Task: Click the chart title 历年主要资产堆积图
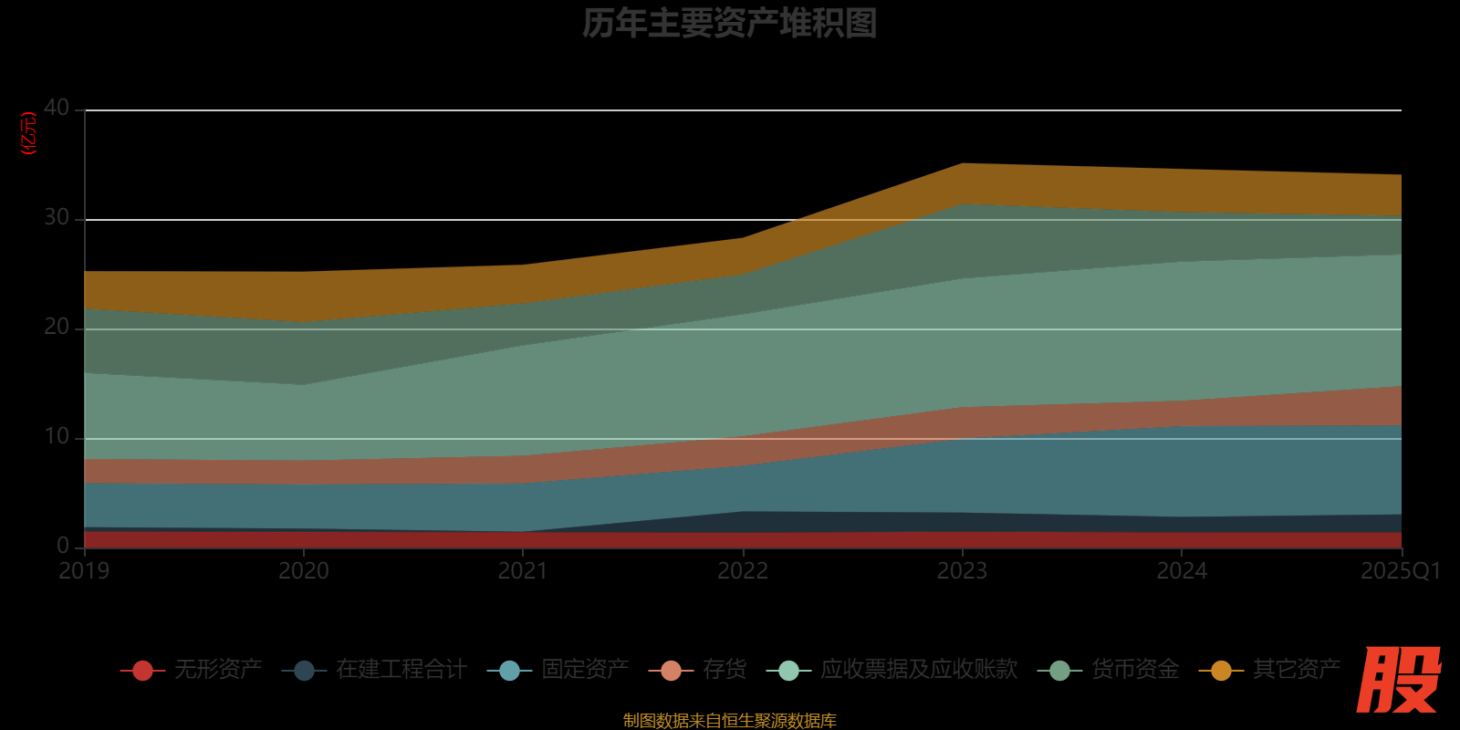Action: pyautogui.click(x=729, y=24)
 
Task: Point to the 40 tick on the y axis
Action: pyautogui.click(x=57, y=109)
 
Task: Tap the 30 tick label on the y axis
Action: pyautogui.click(x=57, y=218)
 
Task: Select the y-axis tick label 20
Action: pyautogui.click(x=57, y=328)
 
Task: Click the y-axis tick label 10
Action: pyautogui.click(x=57, y=437)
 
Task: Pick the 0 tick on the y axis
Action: pyautogui.click(x=63, y=546)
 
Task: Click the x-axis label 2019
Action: pyautogui.click(x=84, y=571)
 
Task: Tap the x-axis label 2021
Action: pyautogui.click(x=523, y=571)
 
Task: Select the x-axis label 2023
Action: pyautogui.click(x=962, y=571)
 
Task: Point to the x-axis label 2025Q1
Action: pyautogui.click(x=1400, y=571)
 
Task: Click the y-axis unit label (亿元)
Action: pyautogui.click(x=29, y=133)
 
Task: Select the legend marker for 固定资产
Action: pyautogui.click(x=510, y=671)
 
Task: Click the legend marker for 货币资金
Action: pyautogui.click(x=1059, y=671)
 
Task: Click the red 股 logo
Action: pyautogui.click(x=1398, y=680)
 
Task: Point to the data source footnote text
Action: pyautogui.click(x=729, y=721)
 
